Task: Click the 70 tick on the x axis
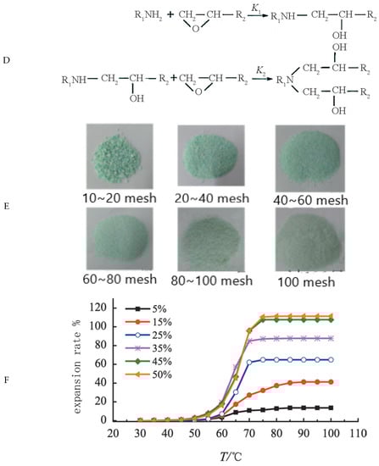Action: pyautogui.click(x=251, y=433)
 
